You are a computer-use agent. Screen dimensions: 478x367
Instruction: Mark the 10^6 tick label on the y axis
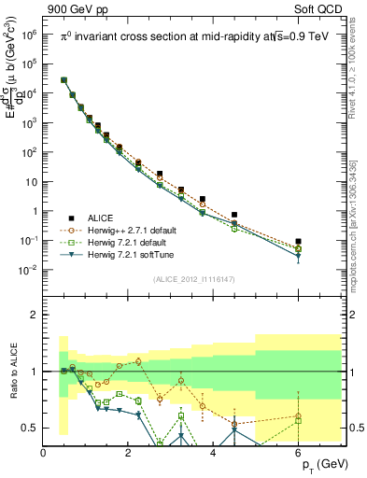(x=27, y=35)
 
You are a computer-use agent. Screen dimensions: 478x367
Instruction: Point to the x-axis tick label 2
(x=129, y=453)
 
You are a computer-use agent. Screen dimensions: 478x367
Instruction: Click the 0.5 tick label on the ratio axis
(x=29, y=428)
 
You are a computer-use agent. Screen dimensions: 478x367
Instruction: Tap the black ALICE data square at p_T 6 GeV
(x=298, y=242)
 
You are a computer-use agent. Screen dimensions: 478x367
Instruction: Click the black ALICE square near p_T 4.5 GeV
(x=234, y=215)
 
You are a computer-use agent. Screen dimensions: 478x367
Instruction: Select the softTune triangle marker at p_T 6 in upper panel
(x=298, y=256)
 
